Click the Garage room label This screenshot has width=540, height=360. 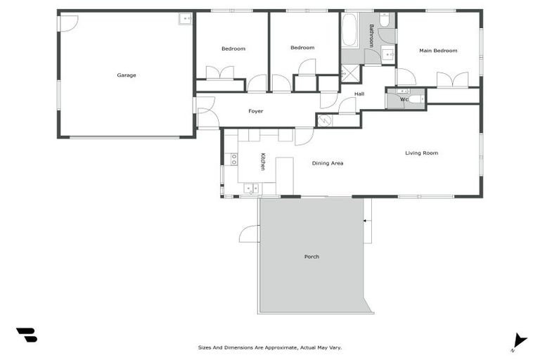click(127, 75)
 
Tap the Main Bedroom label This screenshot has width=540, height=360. click(438, 51)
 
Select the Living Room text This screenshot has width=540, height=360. click(421, 153)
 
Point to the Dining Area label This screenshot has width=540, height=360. click(328, 163)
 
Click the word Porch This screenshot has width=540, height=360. click(311, 257)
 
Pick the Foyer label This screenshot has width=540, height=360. click(256, 112)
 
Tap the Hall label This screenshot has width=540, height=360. click(359, 94)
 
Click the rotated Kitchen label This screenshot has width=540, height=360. click(263, 162)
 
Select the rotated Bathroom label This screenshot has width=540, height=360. click(371, 35)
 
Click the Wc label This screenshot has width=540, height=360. click(404, 99)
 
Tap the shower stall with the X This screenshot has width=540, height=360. click(350, 73)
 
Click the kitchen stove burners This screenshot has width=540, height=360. click(233, 159)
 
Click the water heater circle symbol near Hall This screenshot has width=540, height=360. click(323, 121)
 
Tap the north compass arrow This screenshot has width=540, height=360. click(519, 340)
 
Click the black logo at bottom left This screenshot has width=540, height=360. click(27, 335)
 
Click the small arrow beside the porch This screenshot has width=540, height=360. click(366, 221)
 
